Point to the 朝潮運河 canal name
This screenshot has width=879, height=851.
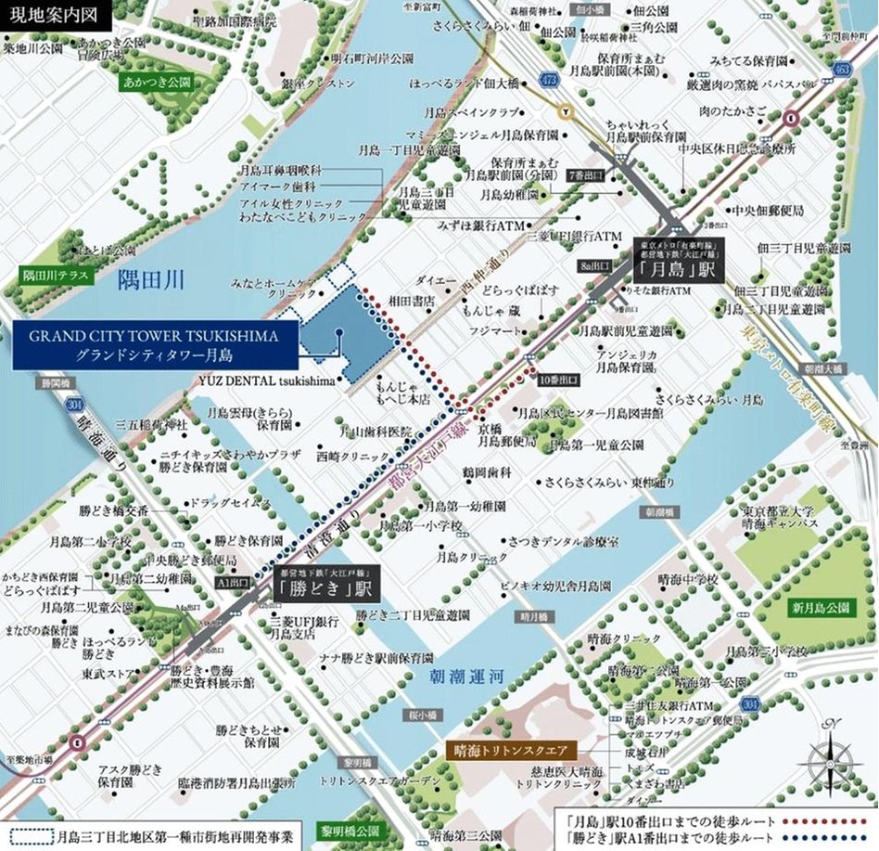point(465,678)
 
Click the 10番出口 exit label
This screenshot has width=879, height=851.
point(558,380)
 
